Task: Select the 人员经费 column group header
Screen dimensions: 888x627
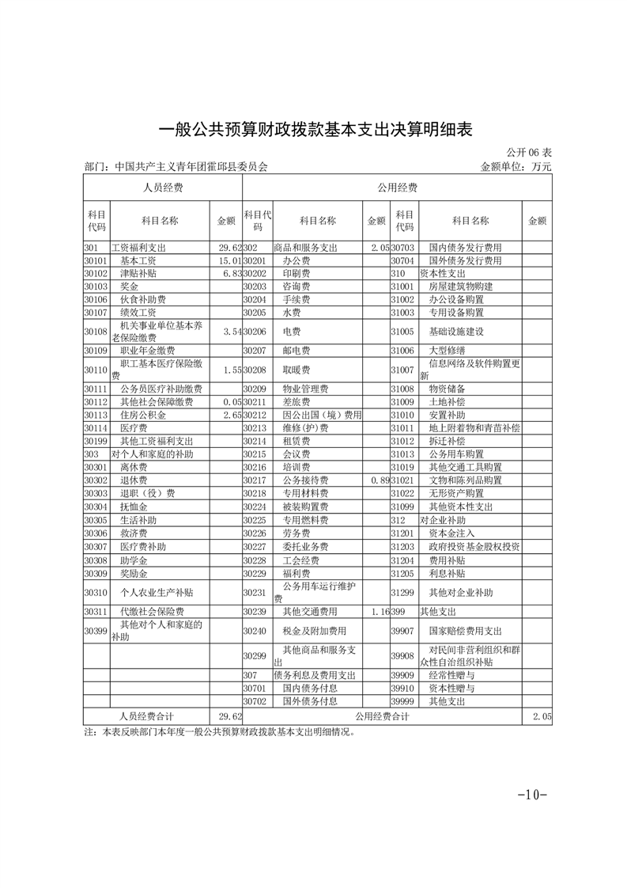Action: tap(163, 188)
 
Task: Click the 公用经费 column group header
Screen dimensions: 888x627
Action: tap(397, 188)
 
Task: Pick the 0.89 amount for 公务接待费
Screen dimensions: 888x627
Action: tap(379, 480)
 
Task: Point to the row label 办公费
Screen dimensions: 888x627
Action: tap(296, 260)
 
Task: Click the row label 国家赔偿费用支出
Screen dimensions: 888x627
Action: tap(465, 631)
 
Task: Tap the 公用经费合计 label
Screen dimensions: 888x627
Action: tap(382, 716)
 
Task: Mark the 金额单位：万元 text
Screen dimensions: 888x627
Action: tap(516, 167)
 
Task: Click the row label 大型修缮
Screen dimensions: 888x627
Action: tap(447, 350)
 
